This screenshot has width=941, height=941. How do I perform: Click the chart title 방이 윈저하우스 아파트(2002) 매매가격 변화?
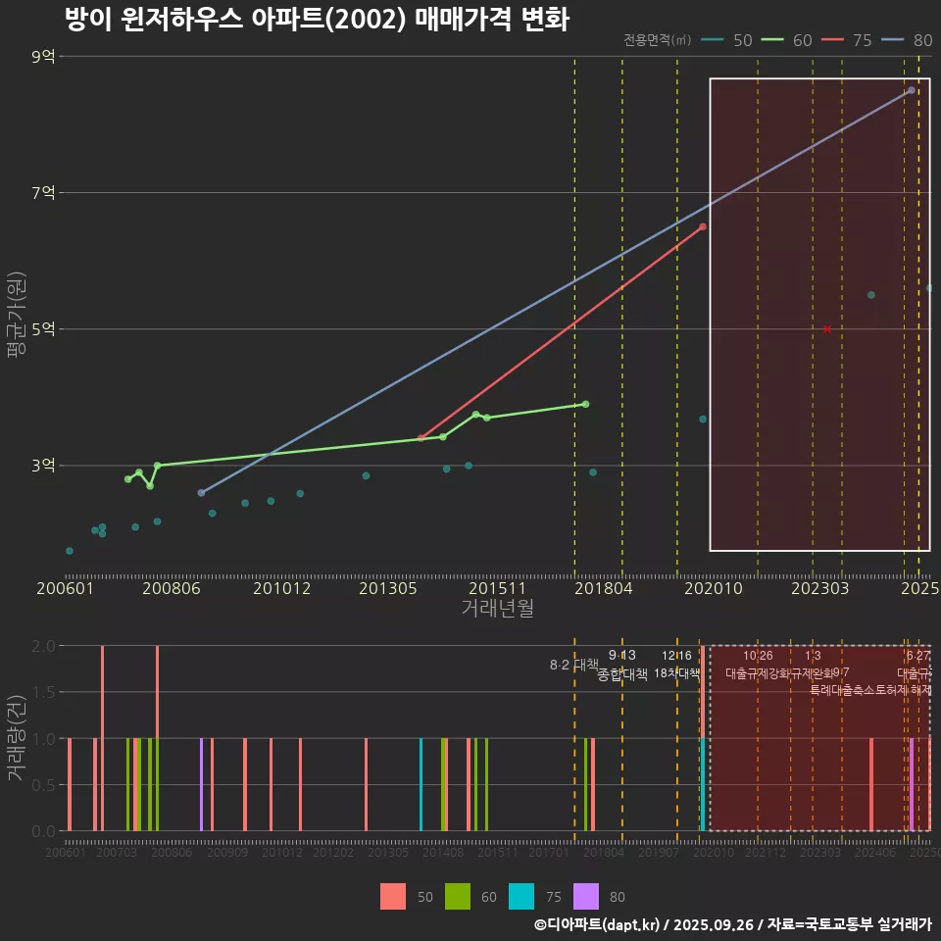pyautogui.click(x=316, y=20)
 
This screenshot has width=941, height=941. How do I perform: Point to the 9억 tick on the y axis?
pyautogui.click(x=43, y=57)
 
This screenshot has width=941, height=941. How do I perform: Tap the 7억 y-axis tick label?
pyautogui.click(x=43, y=193)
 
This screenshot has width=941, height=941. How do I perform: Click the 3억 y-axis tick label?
pyautogui.click(x=43, y=466)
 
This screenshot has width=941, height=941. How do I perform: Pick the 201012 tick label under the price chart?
pyautogui.click(x=281, y=588)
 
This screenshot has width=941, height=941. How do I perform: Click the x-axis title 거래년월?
pyautogui.click(x=497, y=609)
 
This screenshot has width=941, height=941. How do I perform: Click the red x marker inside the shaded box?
pyautogui.click(x=827, y=329)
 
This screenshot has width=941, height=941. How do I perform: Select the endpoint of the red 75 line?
pyautogui.click(x=702, y=226)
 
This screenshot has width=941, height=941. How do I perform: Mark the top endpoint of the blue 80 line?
pyautogui.click(x=911, y=90)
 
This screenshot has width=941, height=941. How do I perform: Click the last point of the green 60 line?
pyautogui.click(x=585, y=404)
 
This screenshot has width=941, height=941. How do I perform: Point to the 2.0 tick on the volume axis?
pyautogui.click(x=43, y=646)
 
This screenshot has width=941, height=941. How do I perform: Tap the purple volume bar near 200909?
pyautogui.click(x=201, y=784)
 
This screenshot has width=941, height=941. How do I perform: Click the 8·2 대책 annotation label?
pyautogui.click(x=574, y=665)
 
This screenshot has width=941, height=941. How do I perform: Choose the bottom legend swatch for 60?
pyautogui.click(x=458, y=896)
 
